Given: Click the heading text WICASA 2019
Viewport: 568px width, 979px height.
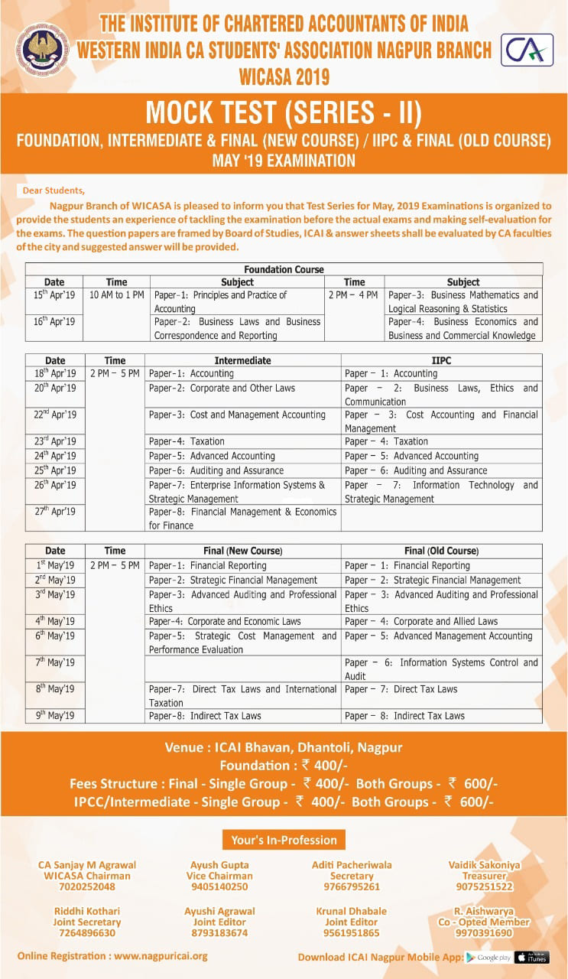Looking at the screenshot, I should point(284,76).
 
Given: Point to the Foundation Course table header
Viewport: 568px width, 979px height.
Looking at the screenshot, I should point(284,269).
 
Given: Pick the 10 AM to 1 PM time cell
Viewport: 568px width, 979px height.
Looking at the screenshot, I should point(116,295).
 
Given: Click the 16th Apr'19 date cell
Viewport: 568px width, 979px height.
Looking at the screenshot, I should point(54,322).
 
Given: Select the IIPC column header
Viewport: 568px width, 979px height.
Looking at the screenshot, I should point(441,359).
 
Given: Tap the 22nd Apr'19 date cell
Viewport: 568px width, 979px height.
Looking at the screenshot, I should point(55,415).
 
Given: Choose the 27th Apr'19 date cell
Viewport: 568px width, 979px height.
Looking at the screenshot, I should point(55,512).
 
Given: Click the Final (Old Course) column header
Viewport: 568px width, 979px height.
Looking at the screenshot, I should point(441,551).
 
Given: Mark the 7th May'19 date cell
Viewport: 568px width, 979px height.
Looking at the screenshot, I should point(55,662).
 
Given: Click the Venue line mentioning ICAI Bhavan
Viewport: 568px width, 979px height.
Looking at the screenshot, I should point(284,747).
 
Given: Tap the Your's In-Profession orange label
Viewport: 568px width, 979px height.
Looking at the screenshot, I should point(284,840).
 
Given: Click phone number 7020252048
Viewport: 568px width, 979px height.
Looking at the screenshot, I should point(87,887).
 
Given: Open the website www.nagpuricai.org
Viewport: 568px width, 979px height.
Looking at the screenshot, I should point(161,956).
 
